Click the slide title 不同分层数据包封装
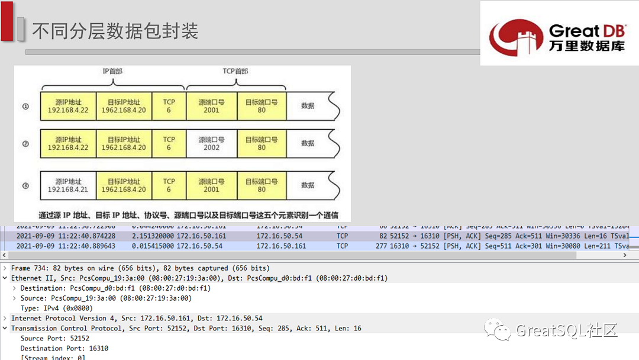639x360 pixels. coord(115,30)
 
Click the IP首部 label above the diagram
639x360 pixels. coord(112,71)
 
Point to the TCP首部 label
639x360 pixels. coord(235,71)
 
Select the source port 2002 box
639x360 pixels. coord(211,143)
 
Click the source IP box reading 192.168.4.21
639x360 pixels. coord(67,185)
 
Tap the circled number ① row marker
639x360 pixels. coord(25,107)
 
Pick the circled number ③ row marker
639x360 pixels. coord(25,185)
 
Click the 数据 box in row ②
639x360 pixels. coord(308,143)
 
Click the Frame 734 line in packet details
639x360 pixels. coord(140,268)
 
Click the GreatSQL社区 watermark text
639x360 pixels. coord(566,330)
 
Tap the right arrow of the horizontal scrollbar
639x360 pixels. coord(625,255)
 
